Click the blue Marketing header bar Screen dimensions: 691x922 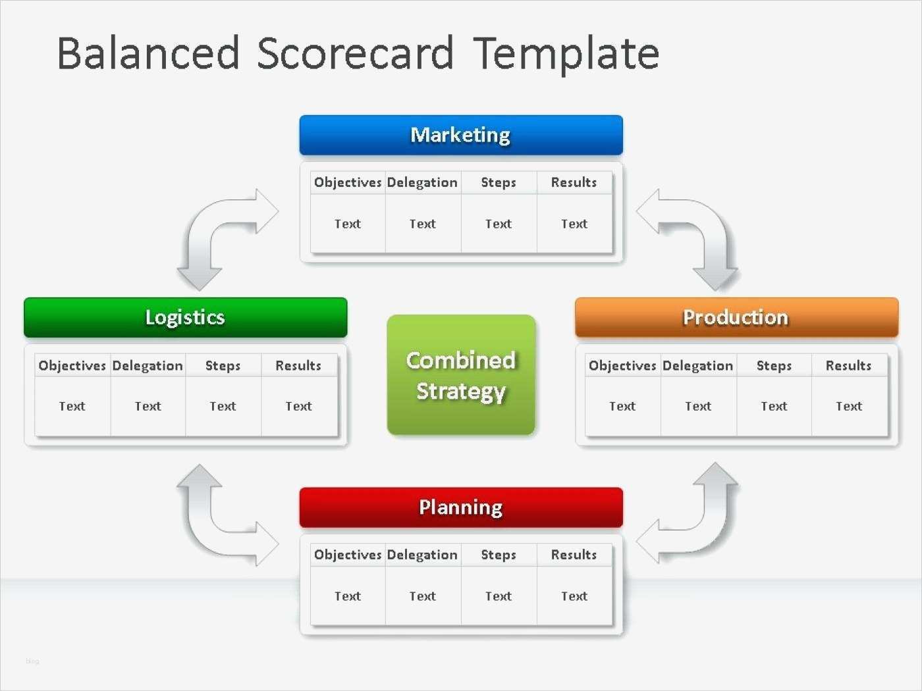point(461,135)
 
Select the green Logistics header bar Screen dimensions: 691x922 point(185,317)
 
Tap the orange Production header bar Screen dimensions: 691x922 point(736,317)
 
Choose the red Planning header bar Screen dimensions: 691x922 point(461,507)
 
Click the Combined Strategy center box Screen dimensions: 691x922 point(461,375)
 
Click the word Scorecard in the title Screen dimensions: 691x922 point(355,53)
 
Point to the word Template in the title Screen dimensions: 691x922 point(566,53)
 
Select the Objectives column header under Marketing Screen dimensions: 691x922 point(348,182)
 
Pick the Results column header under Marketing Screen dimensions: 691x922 point(574,182)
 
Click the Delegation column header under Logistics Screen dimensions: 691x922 point(148,365)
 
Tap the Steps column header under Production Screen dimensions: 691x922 point(774,365)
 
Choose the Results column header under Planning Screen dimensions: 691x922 point(574,555)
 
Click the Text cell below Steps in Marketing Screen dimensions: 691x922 point(499,224)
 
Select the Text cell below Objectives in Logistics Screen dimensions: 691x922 point(72,406)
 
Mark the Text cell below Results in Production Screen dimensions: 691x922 point(849,406)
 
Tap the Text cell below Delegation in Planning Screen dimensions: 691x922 point(423,596)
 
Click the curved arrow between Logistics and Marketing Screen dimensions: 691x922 point(211,230)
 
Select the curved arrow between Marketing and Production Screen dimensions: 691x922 point(705,230)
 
